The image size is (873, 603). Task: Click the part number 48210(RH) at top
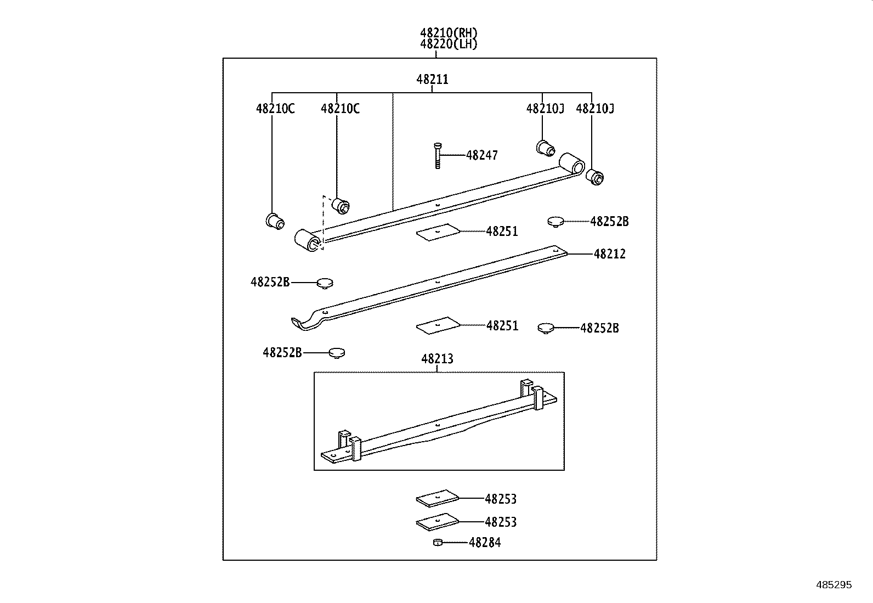click(449, 33)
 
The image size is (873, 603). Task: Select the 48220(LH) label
click(449, 44)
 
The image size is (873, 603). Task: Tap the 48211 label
click(432, 80)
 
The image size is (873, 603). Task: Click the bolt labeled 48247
click(437, 155)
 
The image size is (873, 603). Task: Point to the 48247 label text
click(482, 155)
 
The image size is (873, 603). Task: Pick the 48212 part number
click(609, 254)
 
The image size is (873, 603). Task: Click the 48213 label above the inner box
click(437, 359)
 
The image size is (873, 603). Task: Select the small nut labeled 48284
click(438, 543)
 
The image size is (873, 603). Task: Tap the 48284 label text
click(485, 543)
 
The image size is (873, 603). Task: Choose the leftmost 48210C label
click(275, 109)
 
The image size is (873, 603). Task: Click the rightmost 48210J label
click(595, 109)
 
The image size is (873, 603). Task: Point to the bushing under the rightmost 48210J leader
click(594, 177)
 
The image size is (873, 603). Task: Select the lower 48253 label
click(501, 522)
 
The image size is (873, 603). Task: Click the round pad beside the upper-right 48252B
click(555, 222)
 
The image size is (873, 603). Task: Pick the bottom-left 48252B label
click(282, 353)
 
